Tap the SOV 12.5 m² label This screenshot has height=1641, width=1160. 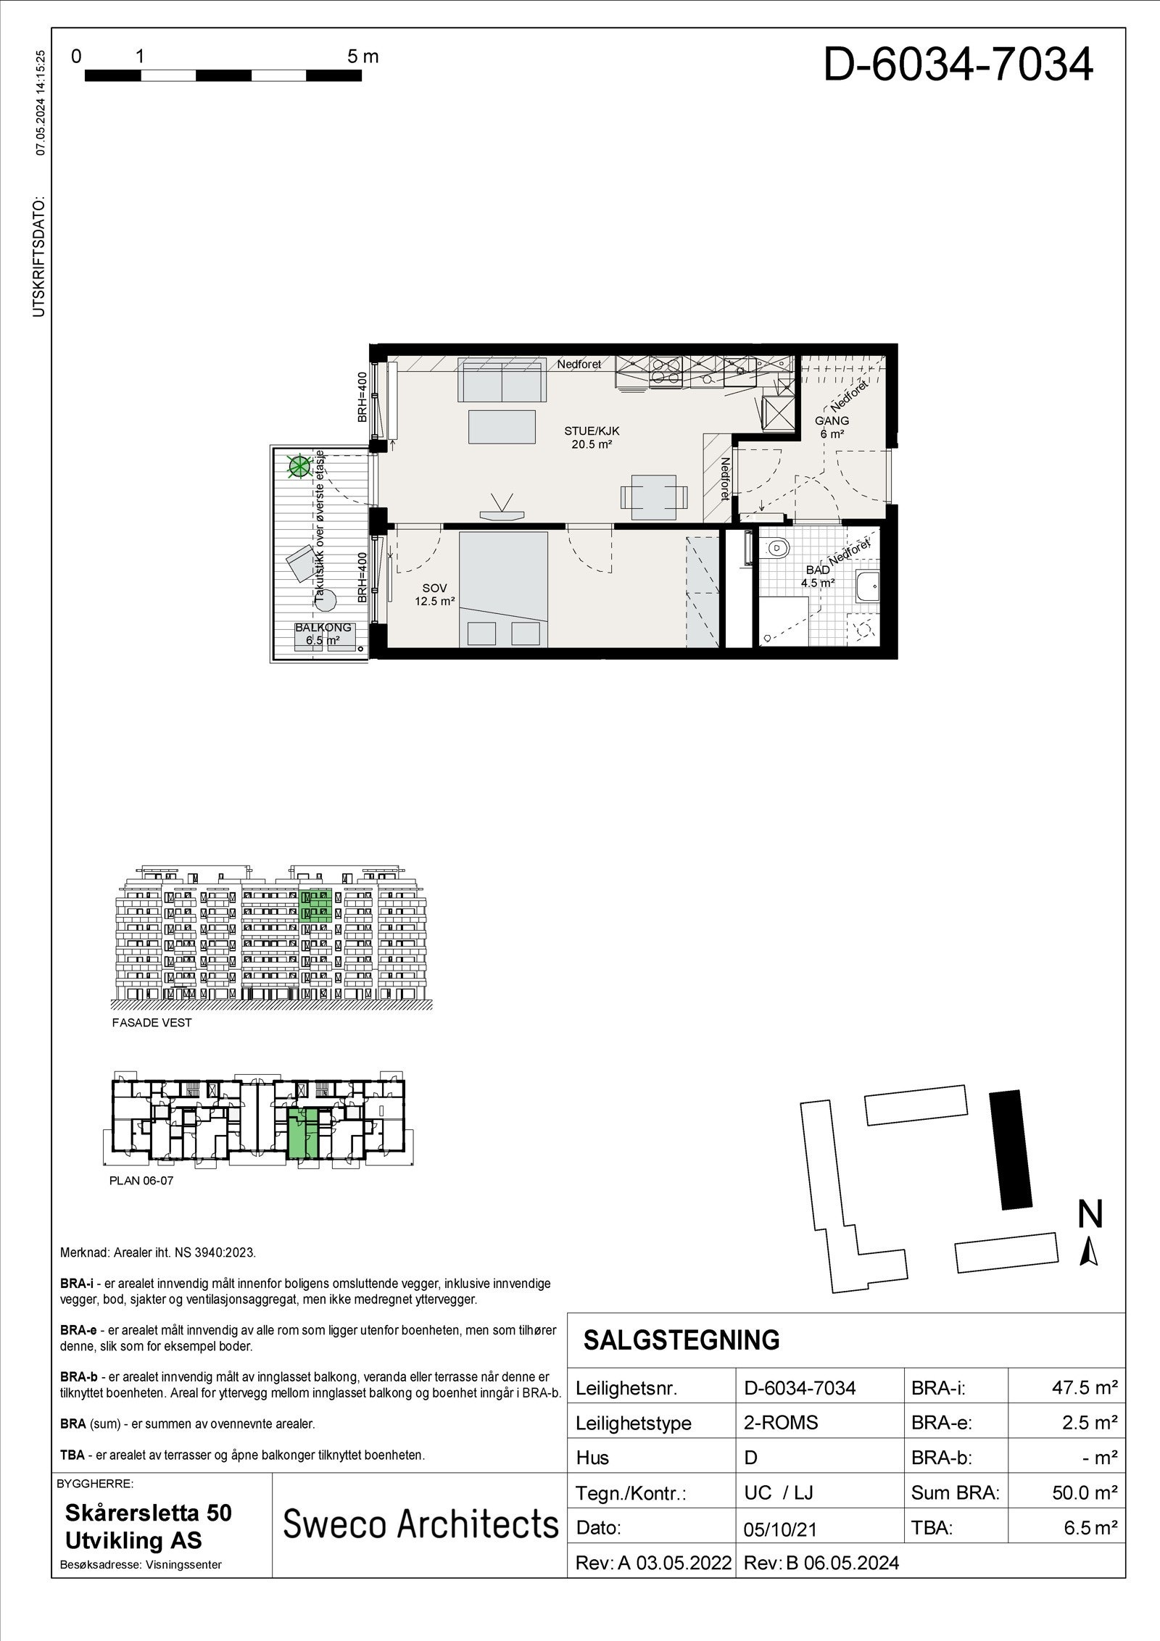(434, 594)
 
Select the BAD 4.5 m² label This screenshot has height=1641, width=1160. (818, 576)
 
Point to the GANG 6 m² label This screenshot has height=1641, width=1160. (832, 427)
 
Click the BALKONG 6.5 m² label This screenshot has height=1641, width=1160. (323, 633)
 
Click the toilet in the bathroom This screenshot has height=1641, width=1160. (776, 549)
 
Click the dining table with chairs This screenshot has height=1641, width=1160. (654, 497)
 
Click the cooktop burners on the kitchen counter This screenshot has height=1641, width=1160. (665, 370)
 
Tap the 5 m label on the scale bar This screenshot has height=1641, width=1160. (362, 57)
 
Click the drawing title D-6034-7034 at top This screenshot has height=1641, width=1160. (957, 64)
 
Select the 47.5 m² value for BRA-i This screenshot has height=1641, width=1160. (1084, 1388)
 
